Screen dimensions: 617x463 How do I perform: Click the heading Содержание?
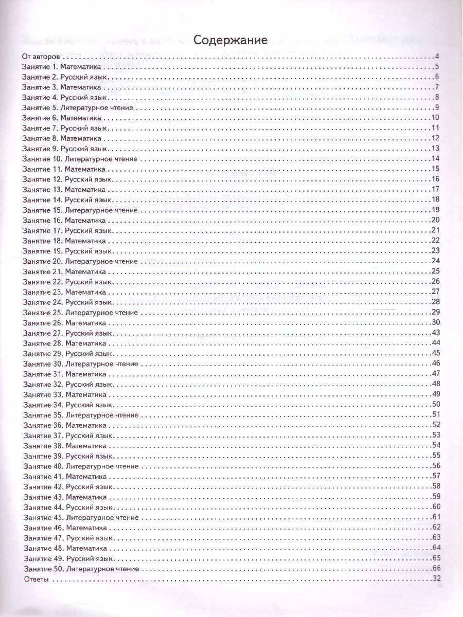(x=230, y=40)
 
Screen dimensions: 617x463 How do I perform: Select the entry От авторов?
(x=42, y=57)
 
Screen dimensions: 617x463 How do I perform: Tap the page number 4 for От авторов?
(x=436, y=57)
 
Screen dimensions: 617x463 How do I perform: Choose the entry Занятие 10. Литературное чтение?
(x=80, y=159)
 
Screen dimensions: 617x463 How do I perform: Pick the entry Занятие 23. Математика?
(x=67, y=292)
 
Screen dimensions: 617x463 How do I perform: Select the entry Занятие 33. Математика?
(x=67, y=394)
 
